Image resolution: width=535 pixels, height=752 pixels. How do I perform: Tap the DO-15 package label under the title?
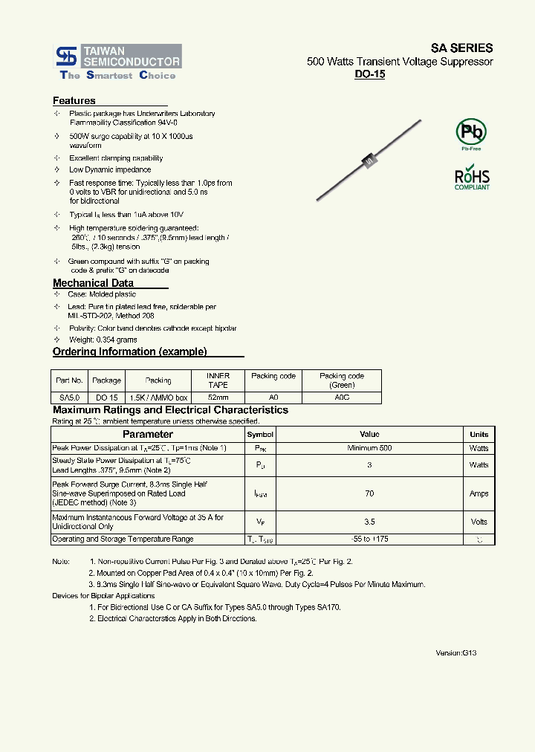(369, 74)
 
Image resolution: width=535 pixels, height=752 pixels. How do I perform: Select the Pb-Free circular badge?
(471, 133)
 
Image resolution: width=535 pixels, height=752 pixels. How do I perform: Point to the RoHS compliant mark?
(472, 178)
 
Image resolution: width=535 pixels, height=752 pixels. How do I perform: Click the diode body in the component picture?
(368, 159)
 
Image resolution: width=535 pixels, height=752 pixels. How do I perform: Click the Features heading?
(74, 100)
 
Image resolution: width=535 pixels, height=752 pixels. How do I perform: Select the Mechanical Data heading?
(94, 283)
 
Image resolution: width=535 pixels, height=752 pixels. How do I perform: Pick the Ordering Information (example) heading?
(130, 351)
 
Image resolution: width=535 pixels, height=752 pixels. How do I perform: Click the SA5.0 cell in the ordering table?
(69, 398)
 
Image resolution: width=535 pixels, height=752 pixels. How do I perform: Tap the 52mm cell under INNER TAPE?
(218, 398)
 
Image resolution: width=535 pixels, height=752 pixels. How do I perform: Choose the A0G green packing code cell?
(342, 398)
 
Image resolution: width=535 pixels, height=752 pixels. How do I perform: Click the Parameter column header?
(147, 434)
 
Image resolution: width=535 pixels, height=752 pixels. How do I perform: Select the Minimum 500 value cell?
(369, 448)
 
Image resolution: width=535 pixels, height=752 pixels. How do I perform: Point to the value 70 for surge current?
(369, 493)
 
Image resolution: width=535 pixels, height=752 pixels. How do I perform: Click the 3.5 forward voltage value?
(369, 522)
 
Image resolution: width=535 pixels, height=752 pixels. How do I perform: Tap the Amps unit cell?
(479, 493)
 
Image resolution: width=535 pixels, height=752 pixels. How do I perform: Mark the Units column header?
(479, 434)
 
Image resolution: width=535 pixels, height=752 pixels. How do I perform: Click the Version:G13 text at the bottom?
(455, 652)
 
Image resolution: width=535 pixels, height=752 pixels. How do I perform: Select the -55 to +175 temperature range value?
(369, 539)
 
